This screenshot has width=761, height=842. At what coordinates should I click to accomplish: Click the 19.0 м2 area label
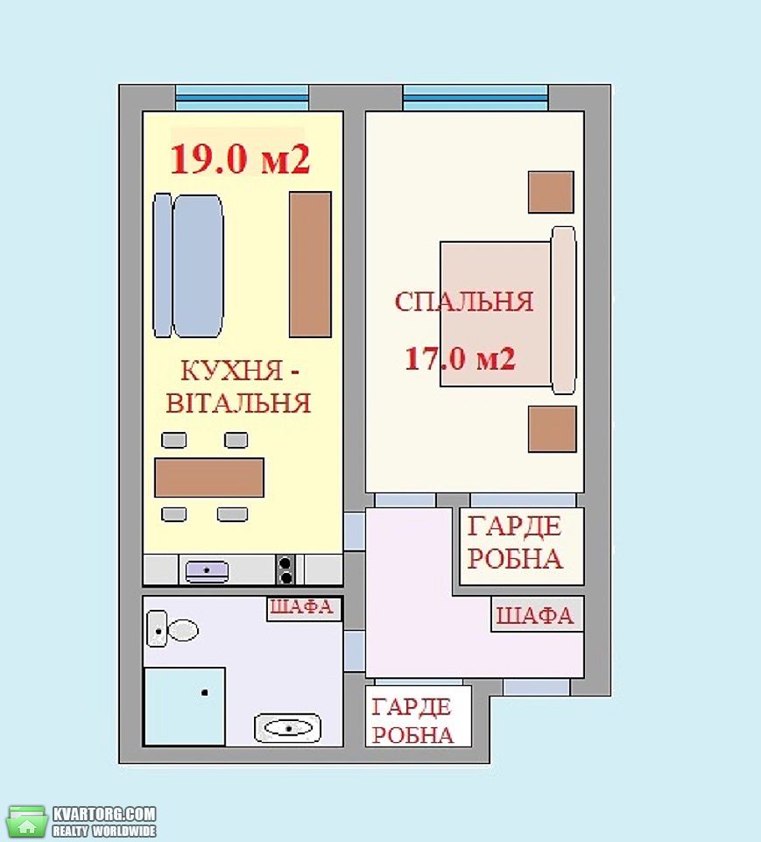pos(240,159)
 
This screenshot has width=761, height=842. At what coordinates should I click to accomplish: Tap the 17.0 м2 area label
pos(460,357)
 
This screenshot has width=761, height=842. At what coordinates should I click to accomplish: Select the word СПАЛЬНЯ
pos(464,301)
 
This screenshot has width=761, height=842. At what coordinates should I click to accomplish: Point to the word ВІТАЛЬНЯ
pos(238,403)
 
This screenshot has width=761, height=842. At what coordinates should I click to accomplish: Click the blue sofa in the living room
pos(187,265)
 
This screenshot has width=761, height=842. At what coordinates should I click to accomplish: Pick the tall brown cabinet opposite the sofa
pos(310,265)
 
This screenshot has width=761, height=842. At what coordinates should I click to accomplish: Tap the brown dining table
pos(209,478)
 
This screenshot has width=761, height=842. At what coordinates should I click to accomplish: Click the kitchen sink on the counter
pos(208,570)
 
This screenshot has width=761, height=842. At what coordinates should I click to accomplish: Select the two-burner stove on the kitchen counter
pos(285,570)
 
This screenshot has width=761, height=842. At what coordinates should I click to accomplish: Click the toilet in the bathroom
pos(173,629)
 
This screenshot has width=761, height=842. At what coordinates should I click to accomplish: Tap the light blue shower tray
pos(185,706)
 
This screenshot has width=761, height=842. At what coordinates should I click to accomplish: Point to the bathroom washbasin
pos(287,728)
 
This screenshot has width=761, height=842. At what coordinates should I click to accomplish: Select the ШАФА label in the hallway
pos(534,615)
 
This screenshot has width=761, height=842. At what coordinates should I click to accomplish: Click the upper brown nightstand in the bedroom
pos(551,192)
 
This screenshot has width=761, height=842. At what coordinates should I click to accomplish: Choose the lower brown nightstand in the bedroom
pos(553,428)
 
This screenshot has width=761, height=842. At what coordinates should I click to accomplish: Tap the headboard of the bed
pos(563,310)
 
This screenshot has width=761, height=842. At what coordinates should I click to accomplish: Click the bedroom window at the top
pos(476,98)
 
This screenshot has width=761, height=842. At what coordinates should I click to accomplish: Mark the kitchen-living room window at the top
pos(242,98)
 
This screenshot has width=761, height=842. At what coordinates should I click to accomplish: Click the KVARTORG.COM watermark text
pos(104,814)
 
